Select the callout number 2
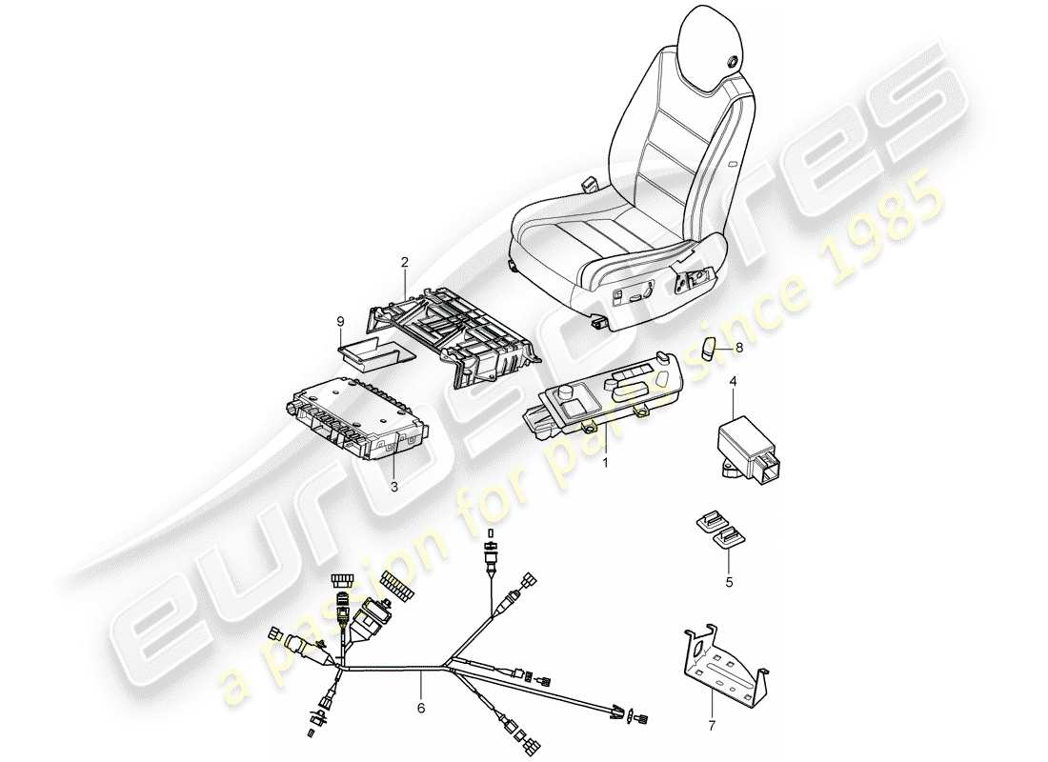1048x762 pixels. tap(404, 261)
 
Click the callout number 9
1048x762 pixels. tap(340, 322)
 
